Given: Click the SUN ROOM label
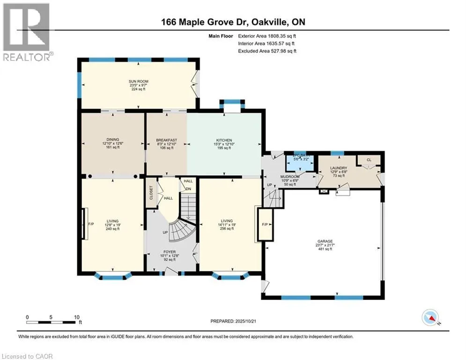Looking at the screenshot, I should click(139, 81).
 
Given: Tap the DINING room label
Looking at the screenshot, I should click(112, 139).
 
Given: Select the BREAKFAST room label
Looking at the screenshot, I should click(166, 139).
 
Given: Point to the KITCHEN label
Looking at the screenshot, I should click(224, 139).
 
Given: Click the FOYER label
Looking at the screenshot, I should click(170, 252).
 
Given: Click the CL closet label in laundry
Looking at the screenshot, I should click(369, 160).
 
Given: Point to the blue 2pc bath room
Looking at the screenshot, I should click(299, 161).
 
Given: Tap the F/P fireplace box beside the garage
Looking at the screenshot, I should click(265, 225).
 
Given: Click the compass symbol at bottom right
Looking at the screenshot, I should click(431, 318).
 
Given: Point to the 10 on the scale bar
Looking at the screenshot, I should click(77, 316).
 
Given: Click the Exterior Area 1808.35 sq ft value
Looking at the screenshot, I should click(267, 35).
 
